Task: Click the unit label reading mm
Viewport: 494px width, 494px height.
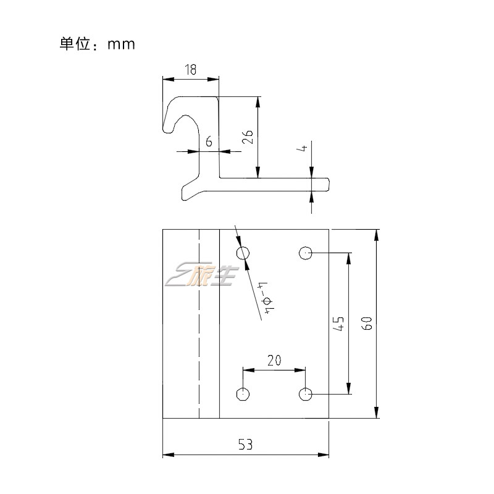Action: tap(120, 44)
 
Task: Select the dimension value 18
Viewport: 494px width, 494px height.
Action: tap(190, 70)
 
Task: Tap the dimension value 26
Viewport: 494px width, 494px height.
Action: tap(246, 137)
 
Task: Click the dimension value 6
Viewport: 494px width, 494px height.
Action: tap(209, 142)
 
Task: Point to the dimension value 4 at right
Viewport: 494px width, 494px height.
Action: tap(301, 149)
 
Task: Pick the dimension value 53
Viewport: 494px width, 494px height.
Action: tap(245, 444)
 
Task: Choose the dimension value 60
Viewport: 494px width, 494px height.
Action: tap(366, 323)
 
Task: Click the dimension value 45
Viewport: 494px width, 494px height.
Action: tap(338, 323)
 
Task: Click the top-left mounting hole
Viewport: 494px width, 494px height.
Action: tap(243, 253)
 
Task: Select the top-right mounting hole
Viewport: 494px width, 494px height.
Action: tap(305, 253)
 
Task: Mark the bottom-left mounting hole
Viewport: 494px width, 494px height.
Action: tap(243, 394)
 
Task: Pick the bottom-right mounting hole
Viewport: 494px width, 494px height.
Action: tap(305, 394)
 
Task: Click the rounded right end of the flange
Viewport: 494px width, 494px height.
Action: tap(327, 184)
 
